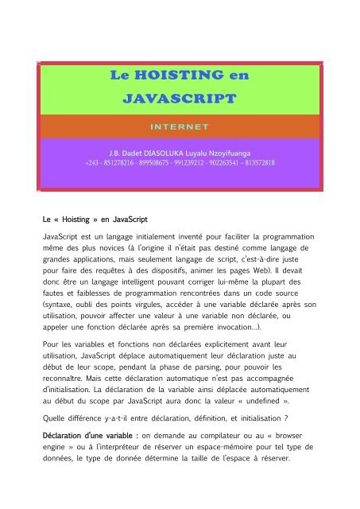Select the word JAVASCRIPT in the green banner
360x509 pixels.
coord(180,99)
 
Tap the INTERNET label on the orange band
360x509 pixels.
coord(180,126)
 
